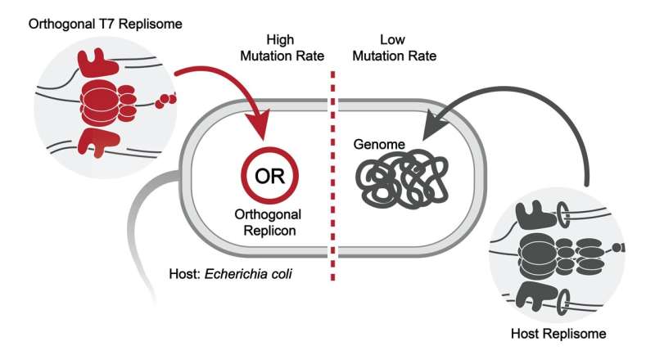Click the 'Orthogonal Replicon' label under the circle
pos(268,222)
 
